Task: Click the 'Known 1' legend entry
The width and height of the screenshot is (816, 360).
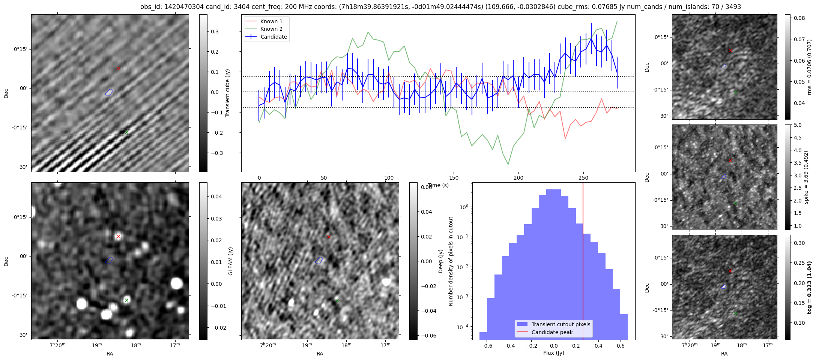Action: (271, 21)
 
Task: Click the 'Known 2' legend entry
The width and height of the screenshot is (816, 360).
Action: (271, 29)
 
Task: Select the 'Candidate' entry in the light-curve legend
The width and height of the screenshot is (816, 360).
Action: (274, 37)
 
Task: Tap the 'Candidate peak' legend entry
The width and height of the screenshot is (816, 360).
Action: (552, 332)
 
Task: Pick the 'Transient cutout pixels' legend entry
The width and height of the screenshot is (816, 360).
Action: (561, 324)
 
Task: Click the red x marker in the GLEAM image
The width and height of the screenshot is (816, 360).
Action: (119, 237)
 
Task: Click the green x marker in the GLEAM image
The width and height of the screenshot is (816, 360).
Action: (126, 300)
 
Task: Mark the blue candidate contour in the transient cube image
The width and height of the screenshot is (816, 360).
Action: (109, 92)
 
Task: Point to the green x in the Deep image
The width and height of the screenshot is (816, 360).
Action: (337, 300)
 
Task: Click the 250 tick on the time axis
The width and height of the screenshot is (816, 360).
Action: (583, 178)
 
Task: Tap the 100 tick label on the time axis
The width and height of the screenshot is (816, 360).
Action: (389, 178)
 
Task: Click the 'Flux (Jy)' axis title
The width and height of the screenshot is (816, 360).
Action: (553, 353)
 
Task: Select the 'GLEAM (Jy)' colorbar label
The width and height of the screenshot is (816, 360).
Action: (230, 261)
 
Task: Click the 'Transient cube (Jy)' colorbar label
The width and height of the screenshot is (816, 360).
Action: (227, 93)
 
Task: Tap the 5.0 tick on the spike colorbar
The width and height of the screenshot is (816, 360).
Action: (798, 125)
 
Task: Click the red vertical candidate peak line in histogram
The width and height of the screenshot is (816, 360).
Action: (583, 262)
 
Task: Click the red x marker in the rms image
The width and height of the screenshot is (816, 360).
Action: (730, 51)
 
